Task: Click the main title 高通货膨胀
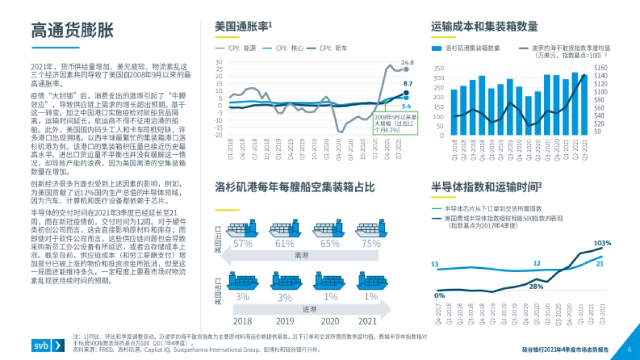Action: [x=72, y=30]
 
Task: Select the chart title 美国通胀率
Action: [x=243, y=26]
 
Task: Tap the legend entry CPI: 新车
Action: [x=333, y=48]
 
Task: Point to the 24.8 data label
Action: [x=407, y=62]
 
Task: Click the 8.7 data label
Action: [x=408, y=84]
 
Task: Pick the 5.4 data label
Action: [x=406, y=106]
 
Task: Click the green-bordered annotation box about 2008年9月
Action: [x=395, y=122]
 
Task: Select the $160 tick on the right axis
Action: [x=601, y=68]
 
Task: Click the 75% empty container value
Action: [x=371, y=244]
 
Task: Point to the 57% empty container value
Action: [x=242, y=244]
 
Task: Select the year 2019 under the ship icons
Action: [x=285, y=321]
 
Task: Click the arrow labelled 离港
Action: [x=301, y=255]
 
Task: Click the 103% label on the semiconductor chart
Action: [x=603, y=243]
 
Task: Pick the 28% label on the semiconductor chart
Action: [x=536, y=286]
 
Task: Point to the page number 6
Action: [x=629, y=350]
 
